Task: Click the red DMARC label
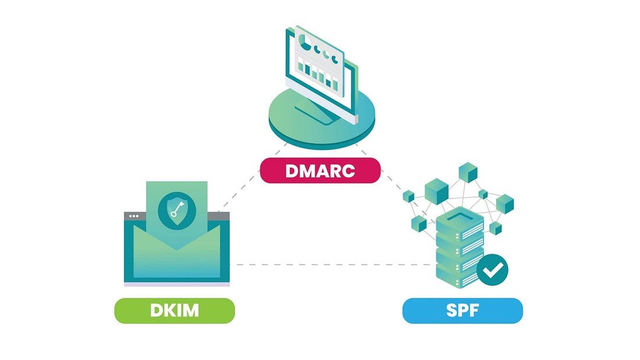(320, 171)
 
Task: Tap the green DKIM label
(174, 310)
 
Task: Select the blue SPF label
(463, 310)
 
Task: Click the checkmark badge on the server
(492, 269)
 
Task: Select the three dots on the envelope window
(134, 216)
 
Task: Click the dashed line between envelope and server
(332, 265)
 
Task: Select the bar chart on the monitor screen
(318, 75)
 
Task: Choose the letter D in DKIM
(157, 310)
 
